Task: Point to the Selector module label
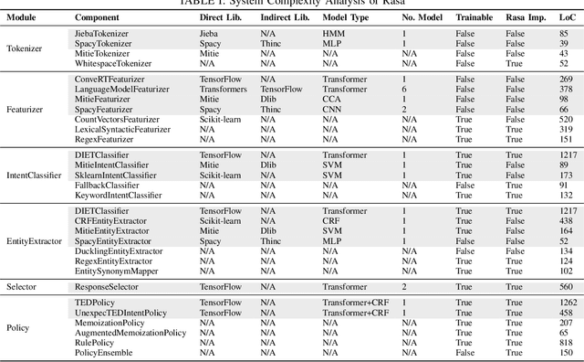click(23, 286)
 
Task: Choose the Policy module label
click(18, 326)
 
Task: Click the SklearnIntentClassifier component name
click(113, 175)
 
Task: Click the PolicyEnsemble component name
click(103, 352)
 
